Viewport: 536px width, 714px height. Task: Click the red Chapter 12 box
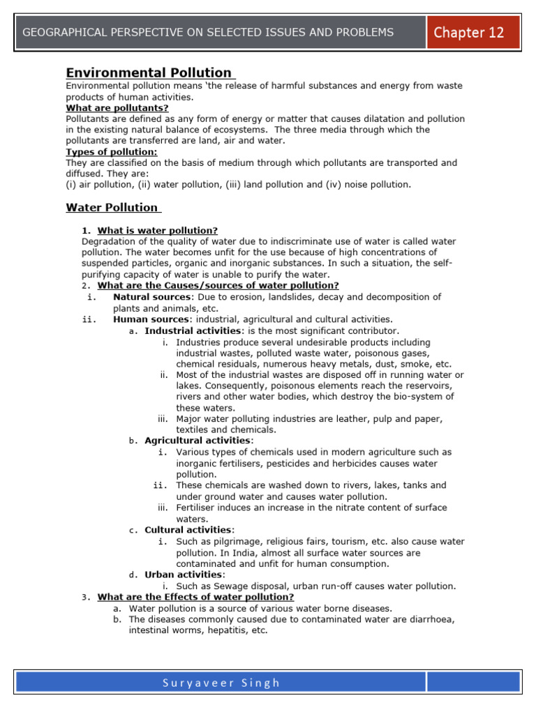[x=473, y=32]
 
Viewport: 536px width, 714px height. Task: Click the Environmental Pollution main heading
[x=149, y=73]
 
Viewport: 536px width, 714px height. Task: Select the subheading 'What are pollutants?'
[x=117, y=108]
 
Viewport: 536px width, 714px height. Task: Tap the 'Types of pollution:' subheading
[x=112, y=152]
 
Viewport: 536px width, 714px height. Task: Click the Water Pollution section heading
[x=112, y=207]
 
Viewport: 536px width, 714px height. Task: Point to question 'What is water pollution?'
[x=158, y=230]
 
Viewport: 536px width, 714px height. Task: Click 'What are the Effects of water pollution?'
[x=195, y=597]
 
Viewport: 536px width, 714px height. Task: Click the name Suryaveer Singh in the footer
[x=221, y=683]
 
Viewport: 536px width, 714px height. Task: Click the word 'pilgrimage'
[x=230, y=541]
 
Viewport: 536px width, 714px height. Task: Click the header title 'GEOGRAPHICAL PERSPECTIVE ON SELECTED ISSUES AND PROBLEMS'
[x=208, y=32]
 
